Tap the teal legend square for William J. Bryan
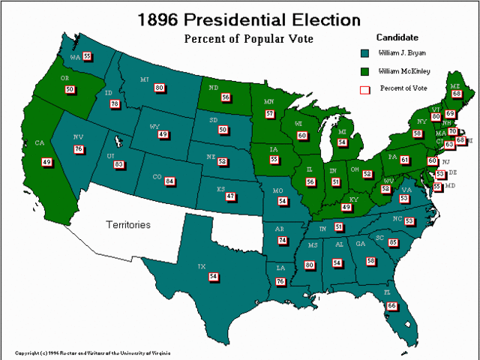click(x=364, y=53)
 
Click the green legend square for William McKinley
click(x=364, y=71)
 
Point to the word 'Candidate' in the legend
click(x=397, y=37)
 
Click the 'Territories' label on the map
click(x=127, y=224)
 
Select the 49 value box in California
click(x=46, y=162)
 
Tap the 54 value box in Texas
click(x=214, y=277)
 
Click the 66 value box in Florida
click(x=391, y=305)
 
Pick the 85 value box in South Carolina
click(x=393, y=242)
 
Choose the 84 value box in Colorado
click(x=169, y=181)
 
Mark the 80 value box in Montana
click(x=159, y=88)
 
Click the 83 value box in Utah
click(x=118, y=164)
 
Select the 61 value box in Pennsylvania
click(x=404, y=160)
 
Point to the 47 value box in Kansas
click(x=230, y=196)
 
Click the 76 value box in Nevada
click(x=78, y=149)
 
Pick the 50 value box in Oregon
click(x=70, y=89)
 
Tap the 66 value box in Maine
click(x=455, y=94)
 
